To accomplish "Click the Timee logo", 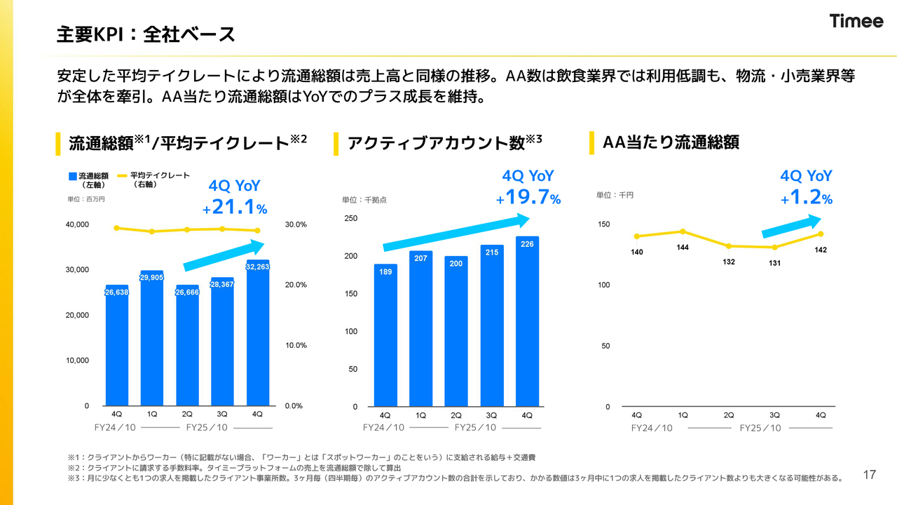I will point(856,21).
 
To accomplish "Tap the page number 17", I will point(870,476).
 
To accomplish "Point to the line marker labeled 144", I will point(683,231).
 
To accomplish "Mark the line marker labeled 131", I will point(775,247).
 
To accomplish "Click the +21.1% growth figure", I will point(235,208).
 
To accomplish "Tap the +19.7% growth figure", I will point(528,198).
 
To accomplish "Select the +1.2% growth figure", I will point(807,198).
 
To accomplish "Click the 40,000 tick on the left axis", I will point(77,224).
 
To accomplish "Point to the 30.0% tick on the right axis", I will point(296,224).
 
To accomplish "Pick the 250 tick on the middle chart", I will point(350,219).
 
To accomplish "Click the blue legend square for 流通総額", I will point(73,176).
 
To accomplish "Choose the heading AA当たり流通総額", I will point(671,142).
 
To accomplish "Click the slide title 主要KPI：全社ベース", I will point(146,34).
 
